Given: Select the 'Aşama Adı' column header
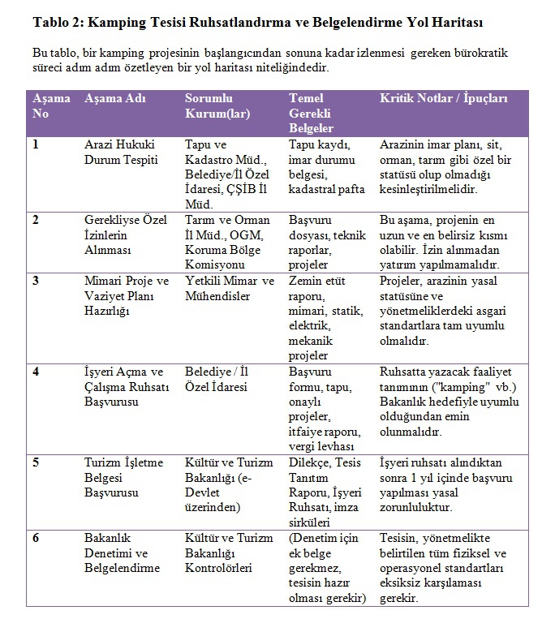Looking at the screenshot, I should tap(115, 98).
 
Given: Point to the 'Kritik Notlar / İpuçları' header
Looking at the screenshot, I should tap(443, 98).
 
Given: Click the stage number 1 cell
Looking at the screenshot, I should tap(36, 144).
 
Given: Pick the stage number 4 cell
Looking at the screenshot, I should tap(36, 371).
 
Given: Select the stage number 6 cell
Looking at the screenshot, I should tap(36, 538).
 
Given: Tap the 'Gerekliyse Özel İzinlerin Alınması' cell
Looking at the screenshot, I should tap(120, 234).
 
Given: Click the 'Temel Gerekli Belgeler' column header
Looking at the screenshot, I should tap(312, 113).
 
